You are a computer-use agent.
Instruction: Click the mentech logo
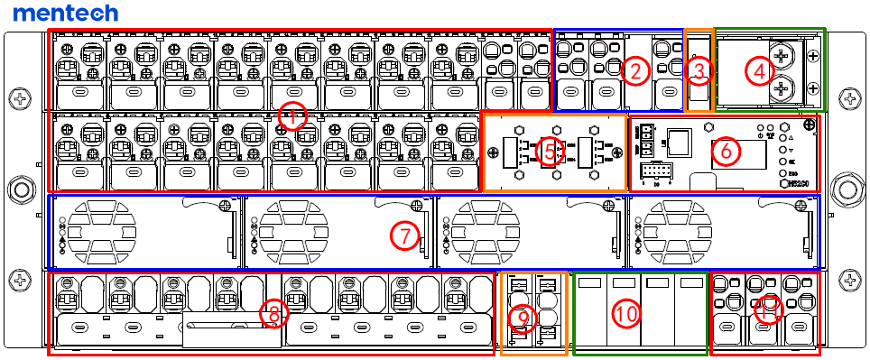coord(66,13)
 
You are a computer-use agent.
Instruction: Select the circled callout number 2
coord(638,69)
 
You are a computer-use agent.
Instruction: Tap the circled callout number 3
coord(698,69)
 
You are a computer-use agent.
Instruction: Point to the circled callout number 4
coord(759,69)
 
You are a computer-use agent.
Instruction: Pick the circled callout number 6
coord(724,151)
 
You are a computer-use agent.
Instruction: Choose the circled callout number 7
coord(405,236)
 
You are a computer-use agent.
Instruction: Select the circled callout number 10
coord(625,313)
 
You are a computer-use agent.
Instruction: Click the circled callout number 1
coord(291,115)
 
